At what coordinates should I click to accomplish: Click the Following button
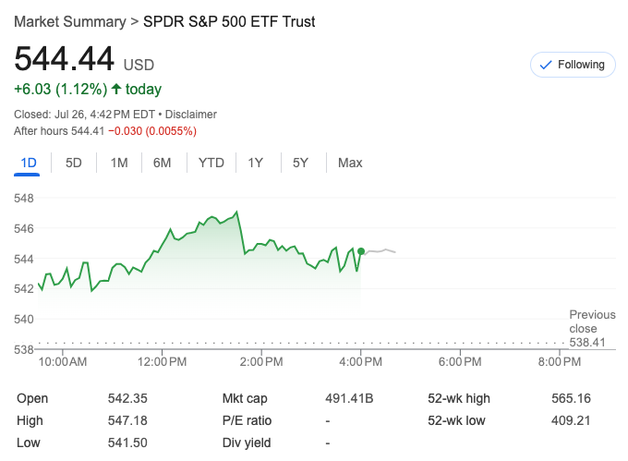click(x=573, y=65)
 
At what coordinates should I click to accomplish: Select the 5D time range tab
click(x=74, y=164)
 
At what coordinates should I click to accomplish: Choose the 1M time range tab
click(x=119, y=164)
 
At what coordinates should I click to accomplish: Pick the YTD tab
click(x=211, y=164)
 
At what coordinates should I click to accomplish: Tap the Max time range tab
click(x=350, y=164)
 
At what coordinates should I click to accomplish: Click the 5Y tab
click(x=300, y=164)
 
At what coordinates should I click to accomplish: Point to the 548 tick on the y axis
click(x=24, y=198)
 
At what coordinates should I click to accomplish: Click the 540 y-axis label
click(x=24, y=319)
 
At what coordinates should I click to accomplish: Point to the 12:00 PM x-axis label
click(x=163, y=361)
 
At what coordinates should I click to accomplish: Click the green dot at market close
click(x=361, y=251)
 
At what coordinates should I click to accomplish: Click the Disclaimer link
click(x=191, y=115)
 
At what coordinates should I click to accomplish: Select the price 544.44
click(x=64, y=60)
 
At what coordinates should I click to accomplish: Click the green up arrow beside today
click(x=116, y=90)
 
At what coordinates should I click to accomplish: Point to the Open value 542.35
click(x=127, y=398)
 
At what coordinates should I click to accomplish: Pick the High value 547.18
click(x=127, y=420)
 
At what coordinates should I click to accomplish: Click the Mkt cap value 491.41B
click(x=349, y=398)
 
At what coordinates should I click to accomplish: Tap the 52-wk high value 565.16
click(x=571, y=398)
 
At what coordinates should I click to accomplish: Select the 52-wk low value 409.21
click(x=571, y=420)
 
